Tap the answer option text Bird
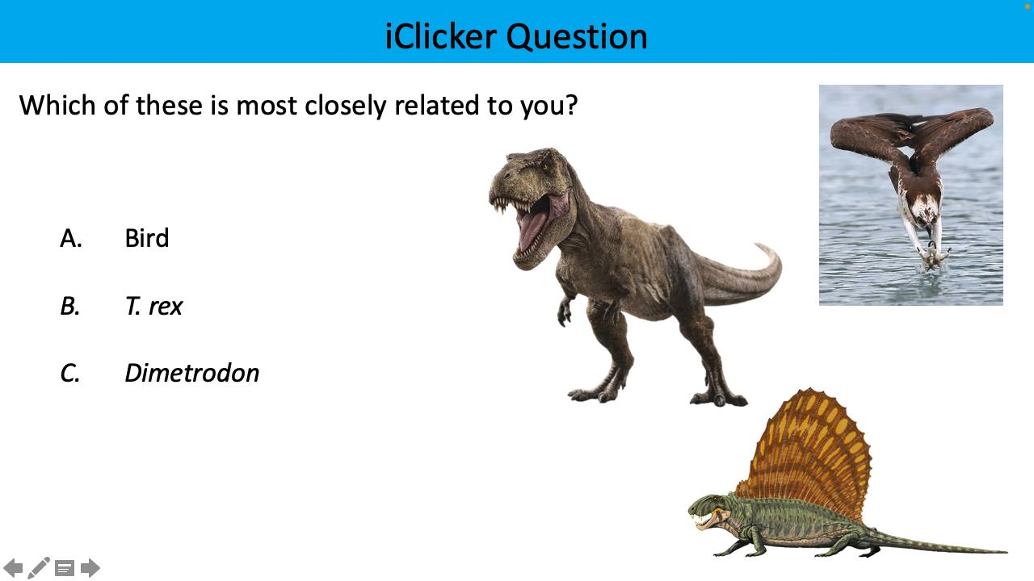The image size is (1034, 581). click(x=147, y=238)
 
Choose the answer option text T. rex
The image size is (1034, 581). click(x=153, y=306)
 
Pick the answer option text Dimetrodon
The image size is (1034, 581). click(x=191, y=373)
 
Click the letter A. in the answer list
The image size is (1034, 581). click(x=71, y=238)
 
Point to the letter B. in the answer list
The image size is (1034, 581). click(x=70, y=306)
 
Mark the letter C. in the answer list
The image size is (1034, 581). click(x=70, y=373)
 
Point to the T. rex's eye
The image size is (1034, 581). click(x=544, y=167)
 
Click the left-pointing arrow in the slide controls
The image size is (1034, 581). click(x=14, y=568)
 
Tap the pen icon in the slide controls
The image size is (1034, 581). click(x=39, y=568)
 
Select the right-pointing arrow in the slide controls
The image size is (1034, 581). click(x=90, y=568)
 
